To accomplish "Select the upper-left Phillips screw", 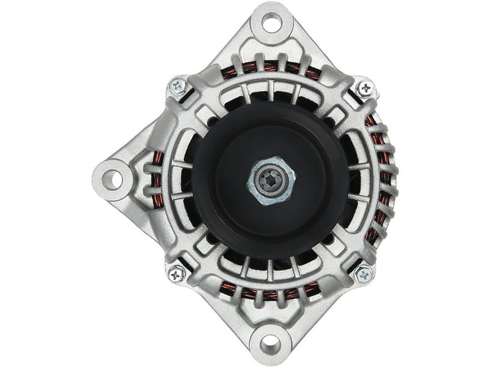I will pos(178,86).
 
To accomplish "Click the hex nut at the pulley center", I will pos(271,180).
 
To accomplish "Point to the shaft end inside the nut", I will pos(271,180).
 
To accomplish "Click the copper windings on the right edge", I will pos(388,183).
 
